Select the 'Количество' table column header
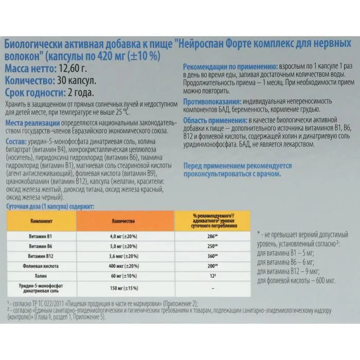[123, 221]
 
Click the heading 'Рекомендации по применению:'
[229, 67]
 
